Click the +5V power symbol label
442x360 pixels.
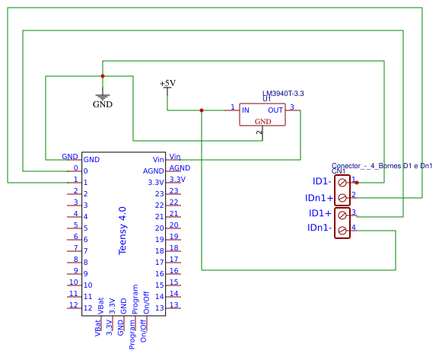pyautogui.click(x=167, y=84)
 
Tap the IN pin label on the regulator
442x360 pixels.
pyautogui.click(x=246, y=110)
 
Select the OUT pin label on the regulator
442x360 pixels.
pyautogui.click(x=275, y=110)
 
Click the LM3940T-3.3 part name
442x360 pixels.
pyautogui.click(x=283, y=94)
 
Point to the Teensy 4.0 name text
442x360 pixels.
pyautogui.click(x=122, y=231)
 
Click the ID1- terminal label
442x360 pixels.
pyautogui.click(x=322, y=181)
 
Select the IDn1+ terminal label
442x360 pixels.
pyautogui.click(x=319, y=198)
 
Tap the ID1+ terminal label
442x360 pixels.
pyautogui.click(x=320, y=213)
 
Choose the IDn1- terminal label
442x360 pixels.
pyautogui.click(x=320, y=228)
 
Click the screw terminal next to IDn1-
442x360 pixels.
pyautogui.click(x=342, y=231)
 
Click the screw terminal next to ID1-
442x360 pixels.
pyautogui.click(x=342, y=183)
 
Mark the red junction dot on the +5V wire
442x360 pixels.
pyautogui.click(x=202, y=110)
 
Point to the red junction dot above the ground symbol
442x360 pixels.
pyautogui.click(x=103, y=76)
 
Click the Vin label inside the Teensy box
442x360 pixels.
pyautogui.click(x=158, y=160)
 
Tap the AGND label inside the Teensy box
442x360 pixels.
pyautogui.click(x=154, y=171)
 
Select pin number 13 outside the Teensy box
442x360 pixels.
pyautogui.click(x=174, y=304)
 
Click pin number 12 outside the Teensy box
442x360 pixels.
pyautogui.click(x=74, y=304)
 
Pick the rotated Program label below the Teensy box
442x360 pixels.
pyautogui.click(x=132, y=335)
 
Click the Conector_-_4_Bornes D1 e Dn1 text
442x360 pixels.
pyautogui.click(x=382, y=166)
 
